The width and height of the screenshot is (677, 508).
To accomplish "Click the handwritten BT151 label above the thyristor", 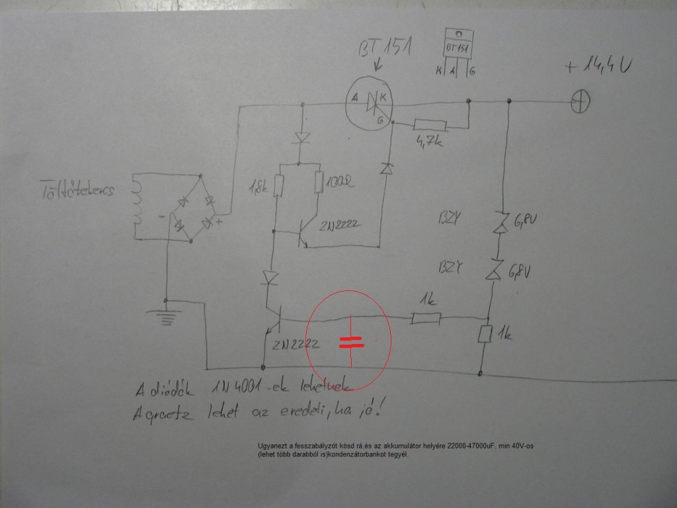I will (x=384, y=50).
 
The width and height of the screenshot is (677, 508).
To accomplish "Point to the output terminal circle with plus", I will (x=580, y=102).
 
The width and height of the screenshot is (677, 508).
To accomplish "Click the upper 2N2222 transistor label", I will (x=340, y=225).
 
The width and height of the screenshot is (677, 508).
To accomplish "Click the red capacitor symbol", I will (x=351, y=341).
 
